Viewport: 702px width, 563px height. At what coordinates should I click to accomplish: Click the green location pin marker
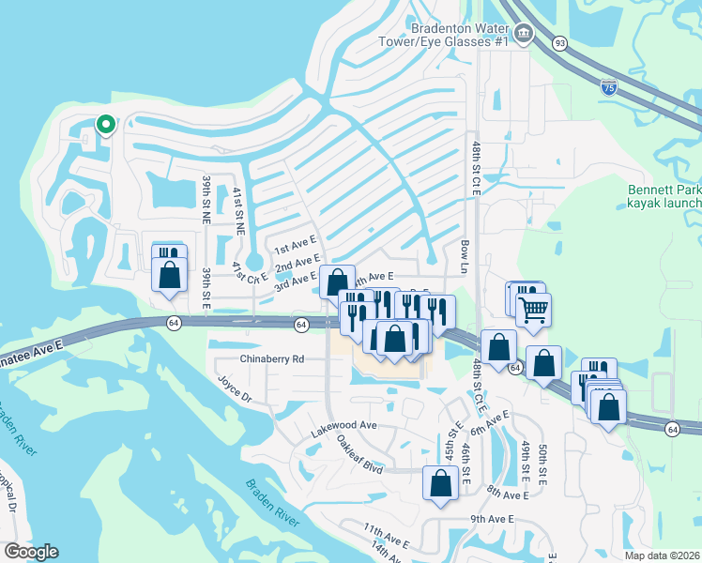click(106, 124)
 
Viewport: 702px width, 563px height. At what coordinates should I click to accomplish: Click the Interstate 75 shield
click(609, 87)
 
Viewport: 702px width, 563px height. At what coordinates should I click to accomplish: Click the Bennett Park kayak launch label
click(664, 196)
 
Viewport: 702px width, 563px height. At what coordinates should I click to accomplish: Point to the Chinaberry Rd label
click(272, 358)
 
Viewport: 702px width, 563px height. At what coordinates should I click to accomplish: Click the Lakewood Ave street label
click(343, 425)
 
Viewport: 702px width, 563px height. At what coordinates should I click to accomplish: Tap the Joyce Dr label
click(236, 390)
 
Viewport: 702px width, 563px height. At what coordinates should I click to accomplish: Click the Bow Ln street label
click(464, 254)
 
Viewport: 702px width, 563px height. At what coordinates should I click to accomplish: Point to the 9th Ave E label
click(492, 519)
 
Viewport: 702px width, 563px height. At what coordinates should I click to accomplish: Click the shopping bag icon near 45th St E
click(440, 483)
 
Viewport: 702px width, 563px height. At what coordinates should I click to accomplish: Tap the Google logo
click(31, 552)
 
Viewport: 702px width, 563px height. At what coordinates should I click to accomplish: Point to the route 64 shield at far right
click(673, 429)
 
